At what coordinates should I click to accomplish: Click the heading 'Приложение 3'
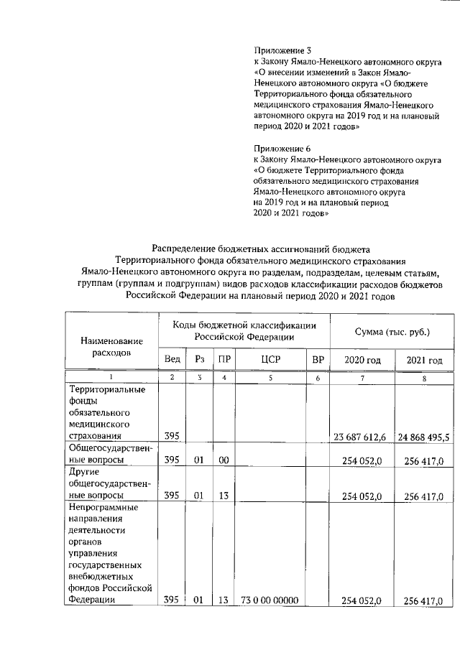[282, 51]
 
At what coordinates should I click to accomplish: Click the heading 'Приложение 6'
[282, 148]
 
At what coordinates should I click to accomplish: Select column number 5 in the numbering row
[270, 378]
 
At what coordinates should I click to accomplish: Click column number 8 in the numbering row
[424, 378]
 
